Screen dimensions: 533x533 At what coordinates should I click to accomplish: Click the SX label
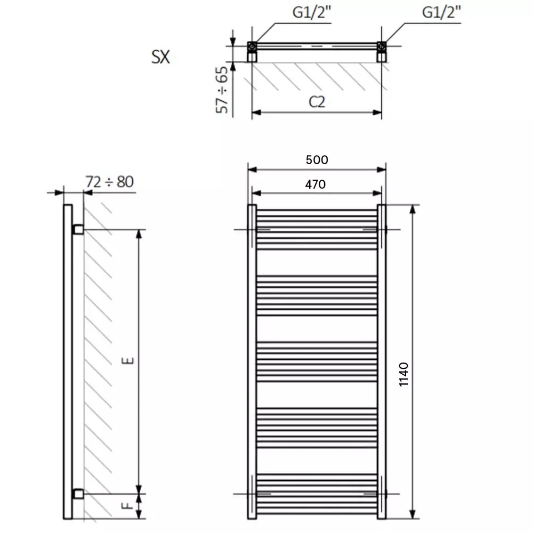(x=160, y=57)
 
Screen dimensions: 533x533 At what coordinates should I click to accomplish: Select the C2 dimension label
(x=317, y=102)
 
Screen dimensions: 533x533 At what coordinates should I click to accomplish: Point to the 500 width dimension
(x=317, y=159)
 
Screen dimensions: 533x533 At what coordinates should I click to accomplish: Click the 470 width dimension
(x=315, y=184)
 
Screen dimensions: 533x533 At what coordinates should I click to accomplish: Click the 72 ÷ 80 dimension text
(x=109, y=182)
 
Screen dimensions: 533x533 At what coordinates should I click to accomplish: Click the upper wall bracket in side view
(x=78, y=230)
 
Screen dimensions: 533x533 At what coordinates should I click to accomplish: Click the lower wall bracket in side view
(x=78, y=494)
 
